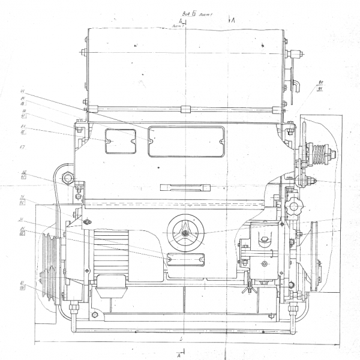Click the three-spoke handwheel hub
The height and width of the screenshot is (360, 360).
tap(186, 231)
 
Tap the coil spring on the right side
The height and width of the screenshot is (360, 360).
tap(325, 154)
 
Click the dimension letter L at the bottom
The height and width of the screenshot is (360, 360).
tap(181, 340)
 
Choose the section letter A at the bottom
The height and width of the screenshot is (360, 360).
tap(179, 355)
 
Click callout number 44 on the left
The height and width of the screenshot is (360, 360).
tap(22, 91)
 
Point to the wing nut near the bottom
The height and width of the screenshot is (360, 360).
tap(245, 290)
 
